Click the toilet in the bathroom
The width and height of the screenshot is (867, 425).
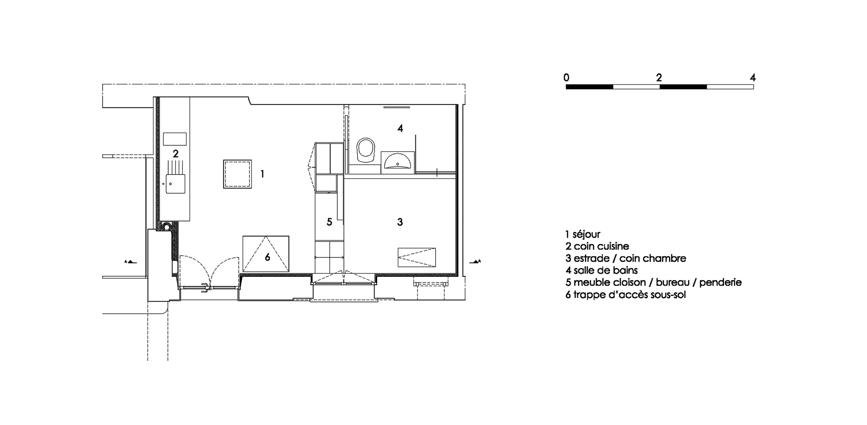coord(365,150)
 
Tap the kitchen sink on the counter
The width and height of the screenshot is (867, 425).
coord(176,184)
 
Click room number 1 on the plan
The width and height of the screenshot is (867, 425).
coord(262,174)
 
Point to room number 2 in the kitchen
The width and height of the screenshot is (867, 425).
coord(176,154)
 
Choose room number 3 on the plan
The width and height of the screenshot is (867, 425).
coord(400,222)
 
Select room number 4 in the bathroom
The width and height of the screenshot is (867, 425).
coord(400,128)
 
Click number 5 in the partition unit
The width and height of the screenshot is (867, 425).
coord(329,222)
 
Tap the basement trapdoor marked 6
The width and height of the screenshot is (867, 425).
coord(266,253)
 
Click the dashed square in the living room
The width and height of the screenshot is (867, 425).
coord(237,174)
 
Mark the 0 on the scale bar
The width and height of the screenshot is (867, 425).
coord(566,78)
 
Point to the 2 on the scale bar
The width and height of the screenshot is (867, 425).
coord(659,78)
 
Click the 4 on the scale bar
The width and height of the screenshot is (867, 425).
coord(753,78)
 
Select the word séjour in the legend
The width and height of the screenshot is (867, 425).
coord(587,234)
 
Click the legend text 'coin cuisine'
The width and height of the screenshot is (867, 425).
coord(601,247)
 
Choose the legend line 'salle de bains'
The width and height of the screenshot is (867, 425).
coord(606,270)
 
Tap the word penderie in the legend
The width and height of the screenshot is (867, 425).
coord(720,282)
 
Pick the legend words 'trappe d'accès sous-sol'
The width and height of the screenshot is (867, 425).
coord(629,295)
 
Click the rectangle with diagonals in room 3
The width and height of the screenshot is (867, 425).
coord(417,257)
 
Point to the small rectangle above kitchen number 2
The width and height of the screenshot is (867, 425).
coord(175,139)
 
